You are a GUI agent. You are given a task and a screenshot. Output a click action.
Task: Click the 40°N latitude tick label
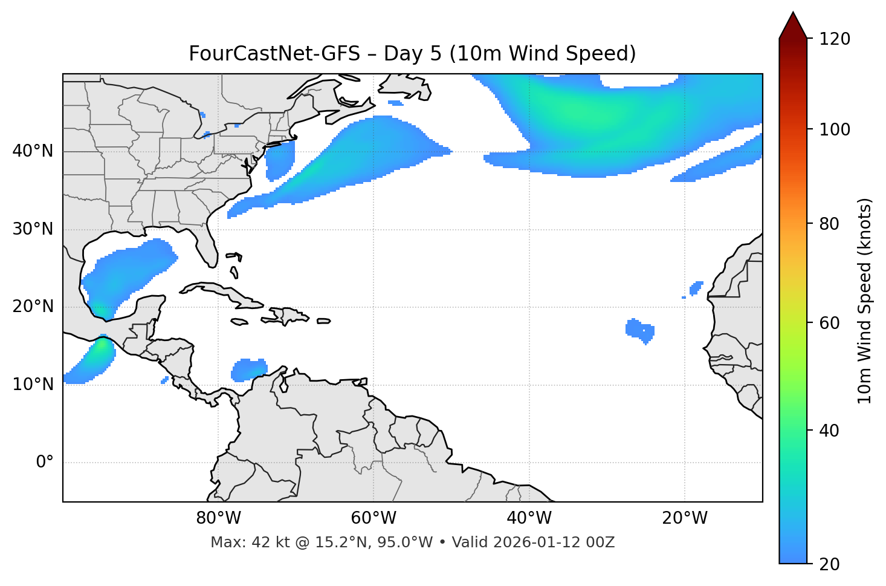pyautogui.click(x=33, y=151)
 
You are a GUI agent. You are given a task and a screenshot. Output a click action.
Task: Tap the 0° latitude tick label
pyautogui.click(x=45, y=463)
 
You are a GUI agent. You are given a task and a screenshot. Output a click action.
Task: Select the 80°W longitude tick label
pyautogui.click(x=218, y=518)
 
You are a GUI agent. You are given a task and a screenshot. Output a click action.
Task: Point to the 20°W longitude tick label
pyautogui.click(x=685, y=518)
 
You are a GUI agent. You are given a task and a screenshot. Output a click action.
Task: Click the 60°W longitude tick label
pyautogui.click(x=373, y=518)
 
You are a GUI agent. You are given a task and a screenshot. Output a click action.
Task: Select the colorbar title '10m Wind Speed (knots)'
pyautogui.click(x=865, y=301)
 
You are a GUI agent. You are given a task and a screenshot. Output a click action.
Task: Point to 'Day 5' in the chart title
pyautogui.click(x=412, y=54)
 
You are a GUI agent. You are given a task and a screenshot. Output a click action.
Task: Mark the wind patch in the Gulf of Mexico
pyautogui.click(x=130, y=269)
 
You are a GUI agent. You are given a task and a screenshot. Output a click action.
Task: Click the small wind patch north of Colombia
pyautogui.click(x=250, y=370)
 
